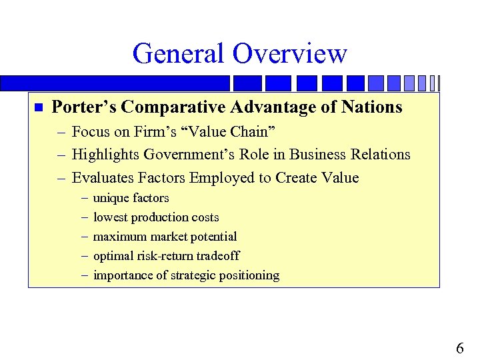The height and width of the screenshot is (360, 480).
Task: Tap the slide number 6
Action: pyautogui.click(x=460, y=348)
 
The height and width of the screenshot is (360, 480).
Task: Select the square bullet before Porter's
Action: pyautogui.click(x=38, y=107)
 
